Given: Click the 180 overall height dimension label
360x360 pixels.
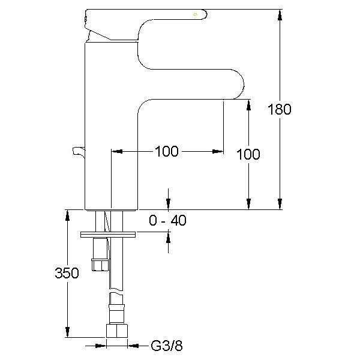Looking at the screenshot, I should point(279,109).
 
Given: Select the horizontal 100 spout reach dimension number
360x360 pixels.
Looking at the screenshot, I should point(167,151).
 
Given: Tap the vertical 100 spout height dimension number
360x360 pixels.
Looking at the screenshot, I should point(248,154).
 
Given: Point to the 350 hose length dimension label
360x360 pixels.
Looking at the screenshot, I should point(67,274).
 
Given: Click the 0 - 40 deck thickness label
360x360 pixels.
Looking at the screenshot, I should point(167,221).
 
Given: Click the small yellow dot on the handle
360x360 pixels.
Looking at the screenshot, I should point(194,13).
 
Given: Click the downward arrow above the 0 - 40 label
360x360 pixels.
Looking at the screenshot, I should point(168,204).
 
